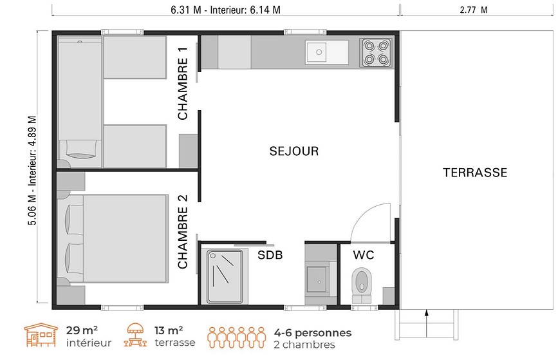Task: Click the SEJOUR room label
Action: click(294, 151)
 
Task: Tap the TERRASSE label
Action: click(475, 173)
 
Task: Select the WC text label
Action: click(364, 255)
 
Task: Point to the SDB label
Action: click(270, 255)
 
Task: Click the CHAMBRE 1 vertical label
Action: click(183, 84)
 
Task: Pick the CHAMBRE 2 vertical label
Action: click(183, 232)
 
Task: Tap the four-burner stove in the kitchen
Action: click(376, 53)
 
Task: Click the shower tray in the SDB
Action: click(225, 276)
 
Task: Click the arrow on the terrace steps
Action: click(426, 323)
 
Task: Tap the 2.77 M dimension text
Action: click(474, 10)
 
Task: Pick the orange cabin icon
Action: click(41, 335)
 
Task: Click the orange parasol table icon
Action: click(135, 335)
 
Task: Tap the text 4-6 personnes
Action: click(312, 333)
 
